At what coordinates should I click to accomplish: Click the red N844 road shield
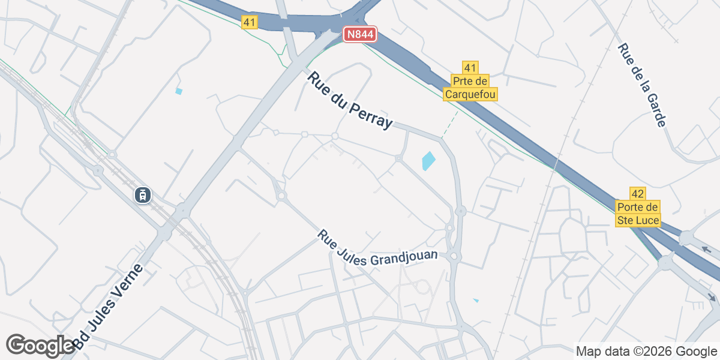(360, 35)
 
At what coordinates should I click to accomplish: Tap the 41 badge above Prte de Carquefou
(470, 67)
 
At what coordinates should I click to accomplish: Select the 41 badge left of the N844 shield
(250, 22)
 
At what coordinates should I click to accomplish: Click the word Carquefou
(470, 94)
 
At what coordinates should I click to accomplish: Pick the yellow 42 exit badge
(638, 193)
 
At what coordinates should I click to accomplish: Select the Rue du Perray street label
(350, 100)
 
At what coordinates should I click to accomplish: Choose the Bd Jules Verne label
(109, 306)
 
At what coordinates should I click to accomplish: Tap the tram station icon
(143, 194)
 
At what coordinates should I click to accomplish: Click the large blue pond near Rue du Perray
(428, 160)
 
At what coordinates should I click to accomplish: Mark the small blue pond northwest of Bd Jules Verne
(178, 91)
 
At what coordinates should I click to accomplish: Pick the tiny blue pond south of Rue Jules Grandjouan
(476, 300)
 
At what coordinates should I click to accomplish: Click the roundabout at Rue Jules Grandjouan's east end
(454, 257)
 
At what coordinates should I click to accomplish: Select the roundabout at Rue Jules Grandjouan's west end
(281, 196)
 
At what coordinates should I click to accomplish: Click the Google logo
(40, 345)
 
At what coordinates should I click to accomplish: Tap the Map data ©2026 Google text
(646, 351)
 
